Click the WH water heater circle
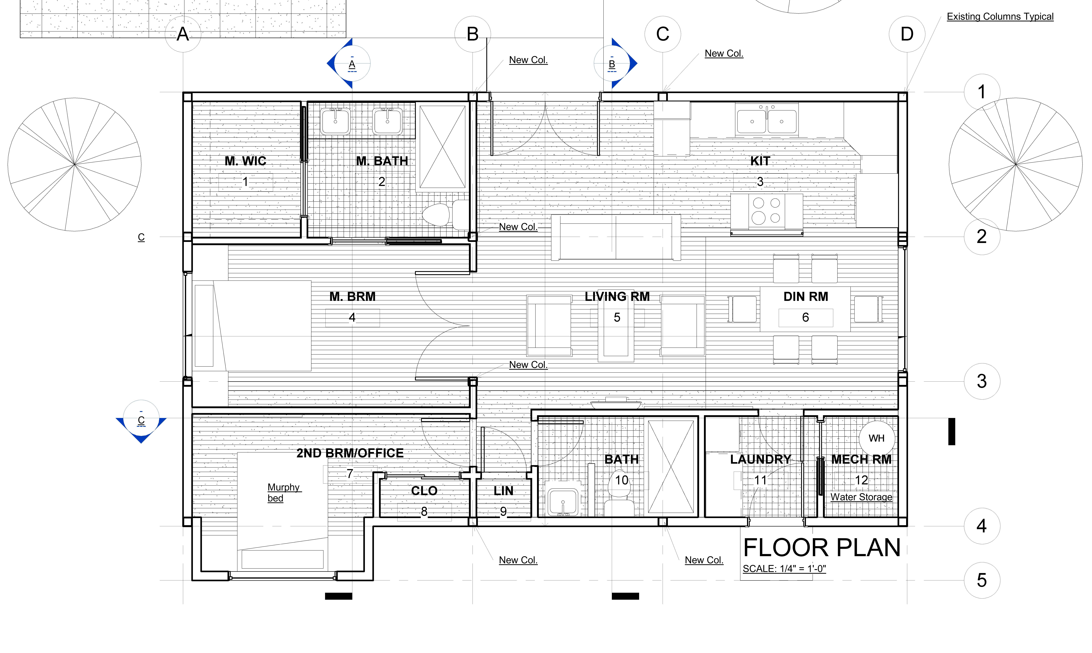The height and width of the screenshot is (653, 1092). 877,438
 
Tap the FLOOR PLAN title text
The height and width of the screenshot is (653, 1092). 822,548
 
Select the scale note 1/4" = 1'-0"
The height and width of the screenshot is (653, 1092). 784,568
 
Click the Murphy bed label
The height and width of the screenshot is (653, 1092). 284,492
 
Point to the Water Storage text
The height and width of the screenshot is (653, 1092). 861,497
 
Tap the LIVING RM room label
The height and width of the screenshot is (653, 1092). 617,297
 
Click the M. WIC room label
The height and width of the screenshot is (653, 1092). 245,161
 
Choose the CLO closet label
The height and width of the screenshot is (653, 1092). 424,491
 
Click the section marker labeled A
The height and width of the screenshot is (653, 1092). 350,64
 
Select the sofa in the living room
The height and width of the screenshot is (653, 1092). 616,238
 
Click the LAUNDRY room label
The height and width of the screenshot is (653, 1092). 760,459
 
